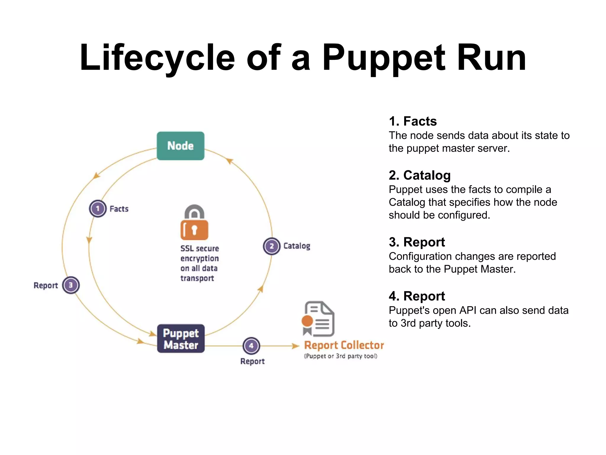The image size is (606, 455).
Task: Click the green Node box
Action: [x=180, y=146]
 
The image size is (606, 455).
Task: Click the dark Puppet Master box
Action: [x=181, y=339]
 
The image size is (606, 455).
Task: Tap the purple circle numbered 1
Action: [x=98, y=209]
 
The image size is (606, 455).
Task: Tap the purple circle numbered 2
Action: [x=272, y=246]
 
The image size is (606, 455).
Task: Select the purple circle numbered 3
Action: [x=71, y=285]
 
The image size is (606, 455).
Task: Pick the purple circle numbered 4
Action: [x=251, y=346]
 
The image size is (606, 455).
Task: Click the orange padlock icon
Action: [x=194, y=223]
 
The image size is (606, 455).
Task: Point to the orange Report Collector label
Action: [x=344, y=345]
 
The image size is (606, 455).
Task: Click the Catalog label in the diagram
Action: [x=297, y=246]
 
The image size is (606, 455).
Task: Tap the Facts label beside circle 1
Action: [x=119, y=209]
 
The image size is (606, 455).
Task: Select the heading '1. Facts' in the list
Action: [x=413, y=121]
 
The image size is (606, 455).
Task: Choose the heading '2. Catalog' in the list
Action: [x=420, y=175]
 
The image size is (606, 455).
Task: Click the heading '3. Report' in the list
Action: [x=417, y=242]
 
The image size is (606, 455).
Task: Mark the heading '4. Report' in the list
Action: [x=417, y=296]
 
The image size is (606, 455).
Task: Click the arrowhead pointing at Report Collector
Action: [x=296, y=346]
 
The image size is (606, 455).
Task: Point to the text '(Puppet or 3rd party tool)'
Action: [x=341, y=356]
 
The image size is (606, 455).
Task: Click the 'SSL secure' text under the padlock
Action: [x=200, y=249]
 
